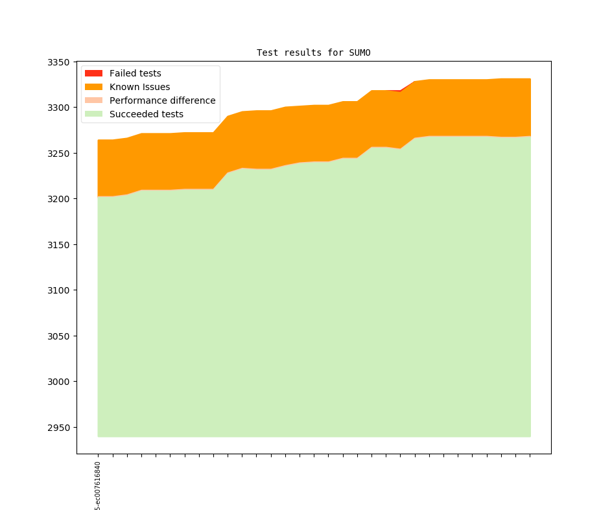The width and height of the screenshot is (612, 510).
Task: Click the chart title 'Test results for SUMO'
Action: [313, 52]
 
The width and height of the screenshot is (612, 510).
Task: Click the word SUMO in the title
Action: [359, 52]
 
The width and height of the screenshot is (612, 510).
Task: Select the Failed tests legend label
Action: [135, 73]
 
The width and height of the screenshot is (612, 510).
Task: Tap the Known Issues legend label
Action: [139, 87]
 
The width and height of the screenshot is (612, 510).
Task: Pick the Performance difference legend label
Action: [162, 100]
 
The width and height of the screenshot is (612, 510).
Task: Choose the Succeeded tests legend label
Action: [146, 114]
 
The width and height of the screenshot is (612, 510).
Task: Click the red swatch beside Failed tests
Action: [94, 73]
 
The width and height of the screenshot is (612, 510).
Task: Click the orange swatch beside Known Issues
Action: [94, 87]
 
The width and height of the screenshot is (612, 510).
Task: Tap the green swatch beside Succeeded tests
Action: [94, 114]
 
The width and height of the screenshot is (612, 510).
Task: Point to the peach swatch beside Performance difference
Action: [94, 100]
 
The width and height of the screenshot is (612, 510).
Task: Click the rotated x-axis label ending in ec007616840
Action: [98, 486]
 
